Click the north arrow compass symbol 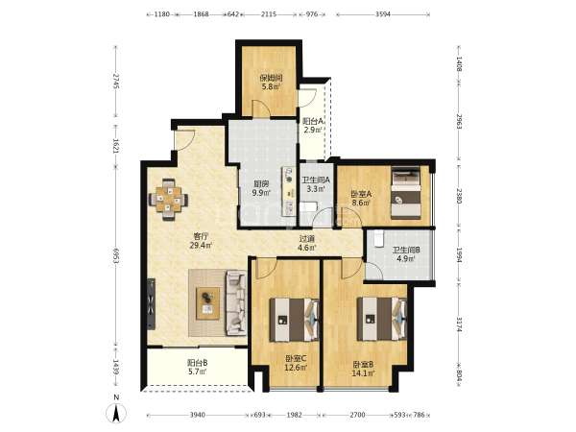(x=116, y=413)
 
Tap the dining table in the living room (x=169, y=200)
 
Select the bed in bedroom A (x=406, y=193)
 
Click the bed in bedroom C (x=294, y=320)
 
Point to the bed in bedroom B (x=382, y=319)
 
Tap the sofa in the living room (x=236, y=302)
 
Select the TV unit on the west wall (x=151, y=303)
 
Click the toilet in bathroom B (x=378, y=238)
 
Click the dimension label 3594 (x=383, y=14)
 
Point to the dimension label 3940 (x=197, y=415)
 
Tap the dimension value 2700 (x=357, y=415)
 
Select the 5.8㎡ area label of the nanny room (x=271, y=86)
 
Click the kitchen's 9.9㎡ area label (x=261, y=193)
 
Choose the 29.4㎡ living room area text (x=201, y=246)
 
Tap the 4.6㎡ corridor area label (x=307, y=248)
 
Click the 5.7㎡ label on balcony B (x=197, y=372)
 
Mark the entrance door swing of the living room (x=184, y=139)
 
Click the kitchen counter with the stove (x=289, y=191)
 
